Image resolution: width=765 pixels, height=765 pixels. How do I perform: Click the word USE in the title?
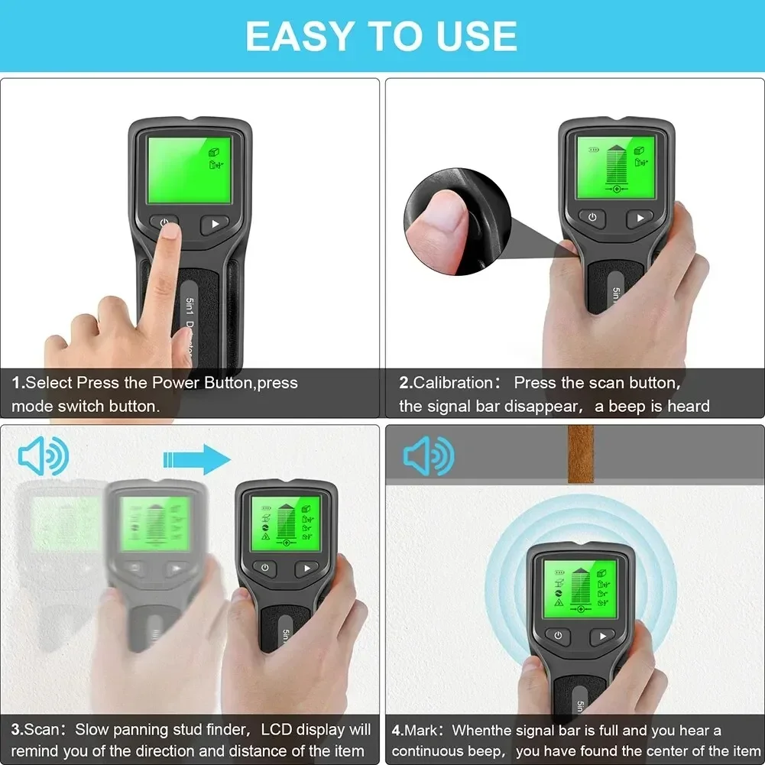tap(472, 36)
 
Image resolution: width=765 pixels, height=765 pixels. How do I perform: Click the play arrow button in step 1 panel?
tap(215, 225)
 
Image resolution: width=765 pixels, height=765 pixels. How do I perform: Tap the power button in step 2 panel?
tap(592, 218)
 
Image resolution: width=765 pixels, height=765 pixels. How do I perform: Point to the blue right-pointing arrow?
tap(196, 459)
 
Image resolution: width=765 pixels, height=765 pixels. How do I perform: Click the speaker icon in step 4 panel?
tap(429, 456)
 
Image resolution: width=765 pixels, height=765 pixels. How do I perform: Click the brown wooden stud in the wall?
tap(582, 454)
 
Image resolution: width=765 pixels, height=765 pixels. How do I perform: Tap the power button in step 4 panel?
tap(558, 636)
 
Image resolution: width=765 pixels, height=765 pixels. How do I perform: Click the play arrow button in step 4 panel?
tap(603, 636)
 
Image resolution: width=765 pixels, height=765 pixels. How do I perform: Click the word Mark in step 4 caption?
tap(422, 731)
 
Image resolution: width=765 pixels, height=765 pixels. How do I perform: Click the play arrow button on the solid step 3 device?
tap(306, 568)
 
